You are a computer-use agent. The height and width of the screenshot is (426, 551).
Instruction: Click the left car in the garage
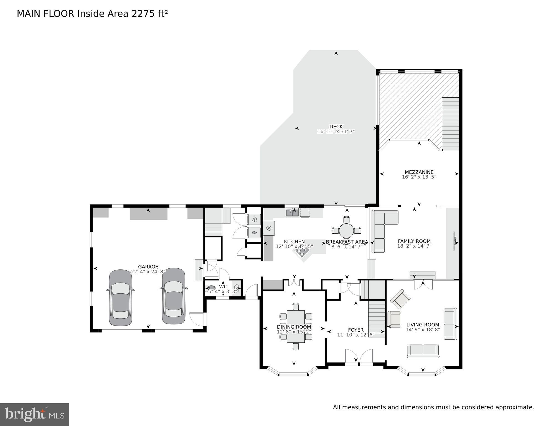tap(120, 298)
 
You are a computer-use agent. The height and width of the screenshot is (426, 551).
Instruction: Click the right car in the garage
tap(173, 296)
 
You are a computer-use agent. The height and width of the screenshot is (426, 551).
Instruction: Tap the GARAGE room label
tap(148, 267)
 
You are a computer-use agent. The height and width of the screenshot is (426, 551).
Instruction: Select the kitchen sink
tap(292, 212)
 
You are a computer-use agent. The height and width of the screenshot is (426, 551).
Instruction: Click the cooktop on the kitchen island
tap(302, 252)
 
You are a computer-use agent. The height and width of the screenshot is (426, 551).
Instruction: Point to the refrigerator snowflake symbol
tap(269, 228)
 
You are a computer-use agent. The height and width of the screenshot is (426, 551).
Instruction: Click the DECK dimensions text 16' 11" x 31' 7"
tap(336, 132)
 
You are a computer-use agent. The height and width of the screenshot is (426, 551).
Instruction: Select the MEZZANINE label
tap(419, 172)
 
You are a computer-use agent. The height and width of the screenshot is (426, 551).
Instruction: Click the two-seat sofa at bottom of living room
tap(423, 351)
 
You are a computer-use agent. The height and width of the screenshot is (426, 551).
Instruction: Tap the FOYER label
tap(356, 330)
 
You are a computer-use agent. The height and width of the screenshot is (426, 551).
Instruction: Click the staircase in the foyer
tap(377, 319)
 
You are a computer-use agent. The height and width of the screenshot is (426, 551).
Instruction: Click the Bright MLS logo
tap(34, 414)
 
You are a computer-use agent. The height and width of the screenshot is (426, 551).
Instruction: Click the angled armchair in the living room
tap(400, 299)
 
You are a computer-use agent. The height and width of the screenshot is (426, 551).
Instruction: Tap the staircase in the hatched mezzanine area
tap(450, 124)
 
